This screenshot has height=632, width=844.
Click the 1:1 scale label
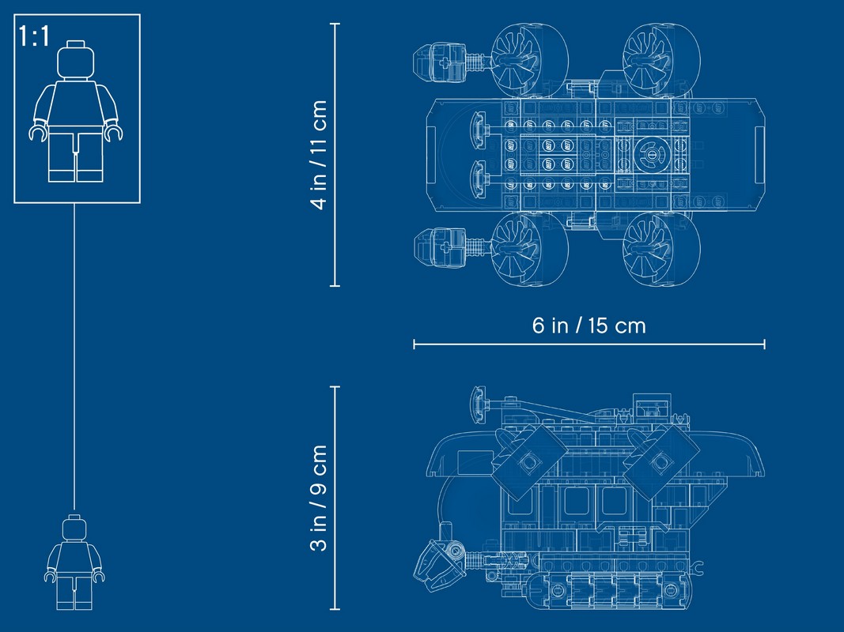click(34, 36)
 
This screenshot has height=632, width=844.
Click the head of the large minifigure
click(75, 60)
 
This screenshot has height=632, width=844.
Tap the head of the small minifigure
click(74, 528)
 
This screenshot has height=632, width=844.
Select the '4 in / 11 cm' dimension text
click(319, 155)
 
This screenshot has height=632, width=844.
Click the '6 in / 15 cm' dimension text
click(589, 325)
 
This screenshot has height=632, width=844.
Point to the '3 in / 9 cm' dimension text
click(319, 498)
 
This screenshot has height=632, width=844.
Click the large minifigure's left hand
click(38, 132)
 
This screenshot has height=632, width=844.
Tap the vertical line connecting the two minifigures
click(74, 356)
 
